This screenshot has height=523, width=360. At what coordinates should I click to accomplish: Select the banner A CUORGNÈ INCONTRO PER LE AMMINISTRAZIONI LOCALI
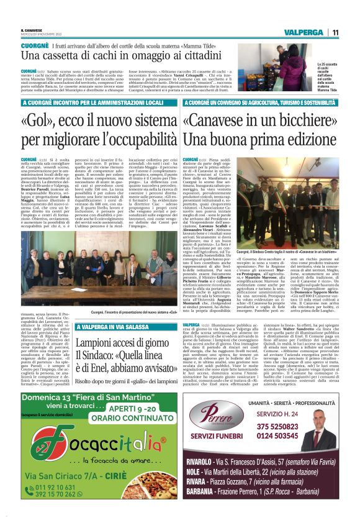pyautogui.click(x=93, y=101)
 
